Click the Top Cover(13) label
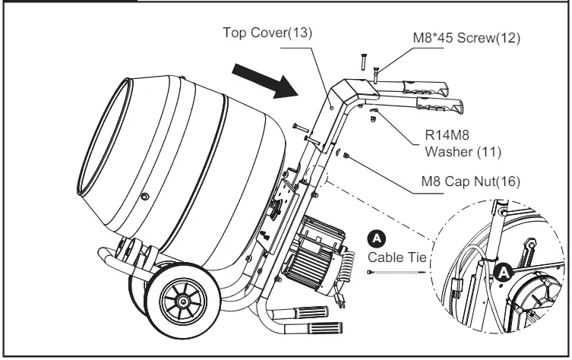click(267, 33)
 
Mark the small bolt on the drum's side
click(144, 198)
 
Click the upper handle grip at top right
click(430, 92)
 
